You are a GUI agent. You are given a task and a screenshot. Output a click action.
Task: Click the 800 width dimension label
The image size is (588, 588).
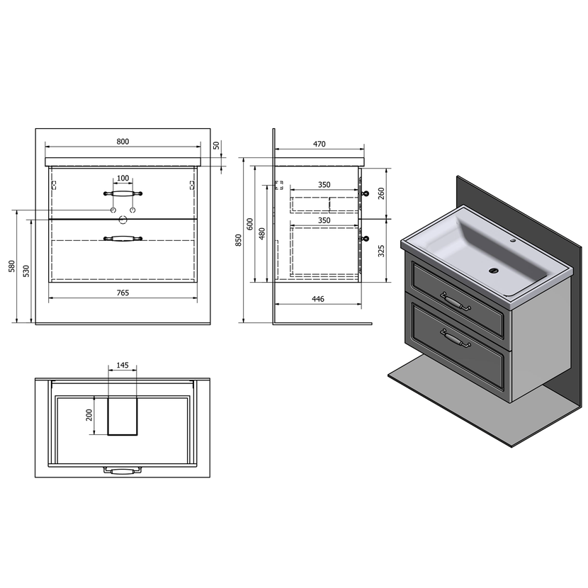123,142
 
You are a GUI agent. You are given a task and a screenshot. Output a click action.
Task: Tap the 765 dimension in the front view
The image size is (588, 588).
123,293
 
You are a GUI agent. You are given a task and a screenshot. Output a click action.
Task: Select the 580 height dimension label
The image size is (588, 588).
11,266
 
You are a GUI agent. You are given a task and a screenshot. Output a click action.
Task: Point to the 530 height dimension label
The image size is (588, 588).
26,271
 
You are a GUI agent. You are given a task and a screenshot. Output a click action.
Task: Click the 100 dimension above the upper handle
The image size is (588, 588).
123,178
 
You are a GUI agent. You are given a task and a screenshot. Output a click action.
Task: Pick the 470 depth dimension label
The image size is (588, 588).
319,144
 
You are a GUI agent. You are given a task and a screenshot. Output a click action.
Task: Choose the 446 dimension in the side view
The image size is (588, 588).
317,299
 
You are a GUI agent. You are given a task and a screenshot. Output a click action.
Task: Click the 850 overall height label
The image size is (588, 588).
239,240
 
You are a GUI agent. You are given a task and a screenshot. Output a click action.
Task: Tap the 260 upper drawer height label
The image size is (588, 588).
381,193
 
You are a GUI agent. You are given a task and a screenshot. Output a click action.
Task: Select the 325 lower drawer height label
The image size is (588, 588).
381,251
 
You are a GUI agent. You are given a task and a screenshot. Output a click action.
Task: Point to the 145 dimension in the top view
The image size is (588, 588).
123,365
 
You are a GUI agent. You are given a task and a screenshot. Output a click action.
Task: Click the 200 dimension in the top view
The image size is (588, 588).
89,414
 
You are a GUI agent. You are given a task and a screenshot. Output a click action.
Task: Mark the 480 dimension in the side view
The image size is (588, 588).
261,233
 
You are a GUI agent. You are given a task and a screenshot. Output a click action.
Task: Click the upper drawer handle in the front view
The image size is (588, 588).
123,193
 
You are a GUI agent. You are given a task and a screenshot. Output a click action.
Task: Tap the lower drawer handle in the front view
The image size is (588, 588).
123,238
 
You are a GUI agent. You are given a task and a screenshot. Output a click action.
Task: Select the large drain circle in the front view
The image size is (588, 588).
123,220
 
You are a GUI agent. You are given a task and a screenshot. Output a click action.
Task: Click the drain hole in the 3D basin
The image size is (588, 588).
494,270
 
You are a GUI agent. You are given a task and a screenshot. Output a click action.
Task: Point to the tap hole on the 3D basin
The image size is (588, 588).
514,239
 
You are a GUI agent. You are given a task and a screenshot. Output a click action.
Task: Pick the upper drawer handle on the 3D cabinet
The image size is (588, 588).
456,301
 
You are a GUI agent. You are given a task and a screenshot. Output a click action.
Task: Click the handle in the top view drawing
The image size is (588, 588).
123,470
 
